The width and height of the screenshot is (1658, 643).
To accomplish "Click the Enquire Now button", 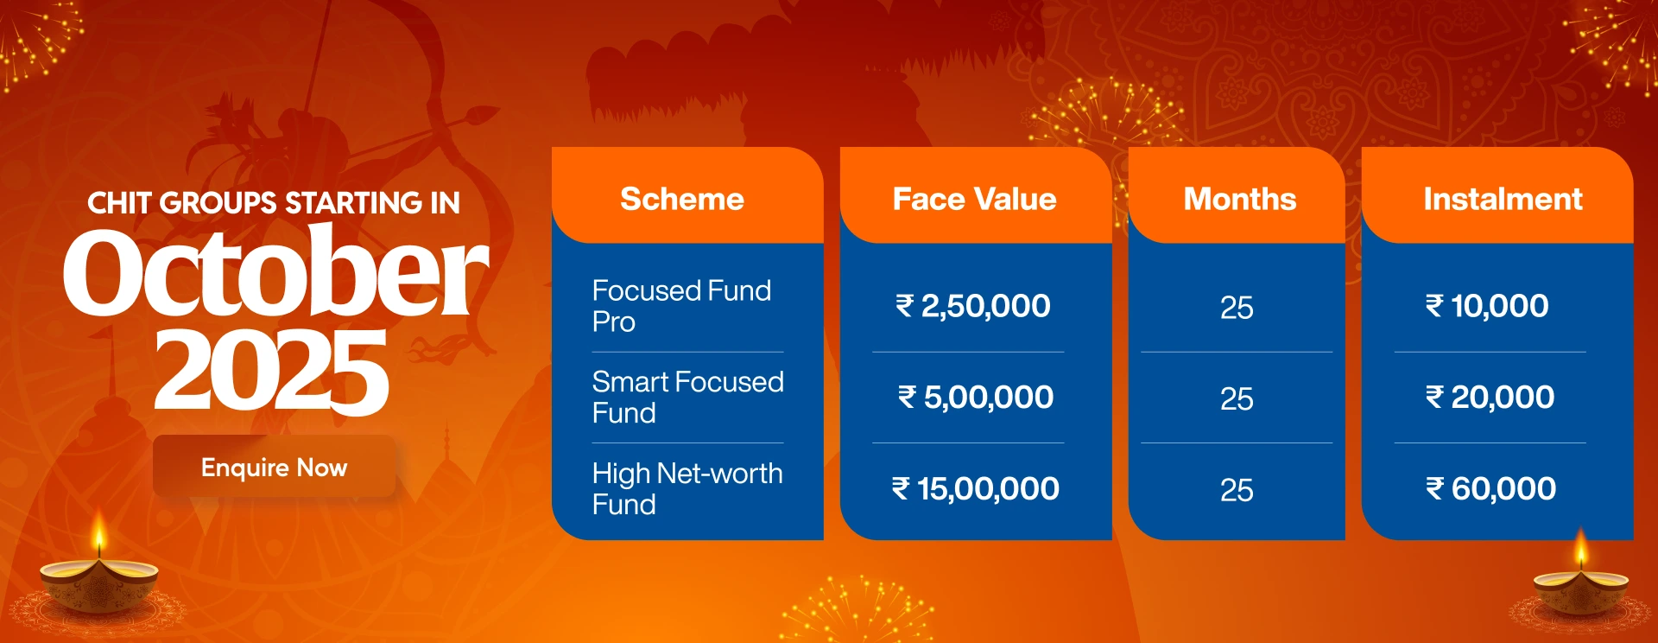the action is click(274, 467).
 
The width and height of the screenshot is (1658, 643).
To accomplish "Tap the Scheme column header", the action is click(682, 200).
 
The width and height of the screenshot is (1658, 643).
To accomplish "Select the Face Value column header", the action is click(974, 200).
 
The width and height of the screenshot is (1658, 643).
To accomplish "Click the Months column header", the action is click(1240, 200).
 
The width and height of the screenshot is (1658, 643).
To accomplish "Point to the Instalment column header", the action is click(1503, 200).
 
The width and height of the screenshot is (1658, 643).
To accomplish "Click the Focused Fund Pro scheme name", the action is click(681, 306).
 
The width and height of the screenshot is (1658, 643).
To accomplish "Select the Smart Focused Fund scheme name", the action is click(687, 398).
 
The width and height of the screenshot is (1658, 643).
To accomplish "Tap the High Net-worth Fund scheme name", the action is click(687, 488).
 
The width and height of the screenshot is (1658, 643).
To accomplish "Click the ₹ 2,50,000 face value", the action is click(973, 306).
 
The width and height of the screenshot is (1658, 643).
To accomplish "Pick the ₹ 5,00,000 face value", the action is click(976, 398).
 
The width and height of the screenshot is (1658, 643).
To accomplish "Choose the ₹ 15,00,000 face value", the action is click(976, 489).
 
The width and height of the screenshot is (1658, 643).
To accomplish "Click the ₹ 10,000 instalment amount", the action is click(1487, 306).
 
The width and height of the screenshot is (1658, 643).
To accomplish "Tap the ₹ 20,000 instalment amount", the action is click(1490, 398).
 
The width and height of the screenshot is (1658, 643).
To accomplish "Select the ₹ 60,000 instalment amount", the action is click(1490, 489).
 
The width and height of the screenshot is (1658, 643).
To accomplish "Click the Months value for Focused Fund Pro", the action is click(1237, 308).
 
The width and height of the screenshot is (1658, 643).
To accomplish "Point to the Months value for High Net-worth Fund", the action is click(1237, 491).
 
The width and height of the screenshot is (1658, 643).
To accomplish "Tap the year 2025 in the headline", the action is click(271, 372).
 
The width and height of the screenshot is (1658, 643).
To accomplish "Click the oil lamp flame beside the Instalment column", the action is click(1580, 549).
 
